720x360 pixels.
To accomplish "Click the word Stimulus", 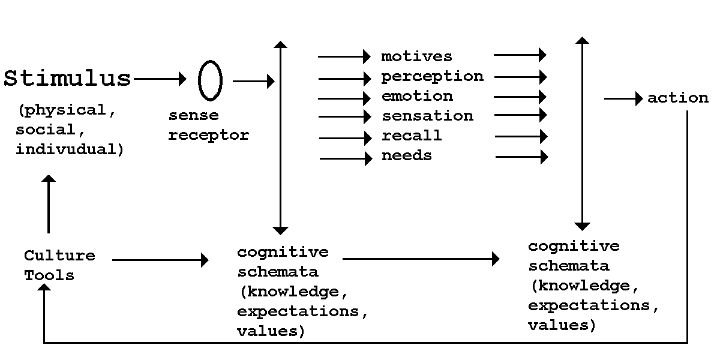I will pyautogui.click(x=67, y=79).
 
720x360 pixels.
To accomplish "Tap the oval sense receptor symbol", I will pyautogui.click(x=210, y=80).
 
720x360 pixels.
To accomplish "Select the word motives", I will pyautogui.click(x=416, y=56).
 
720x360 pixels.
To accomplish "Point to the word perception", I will pyautogui.click(x=432, y=76).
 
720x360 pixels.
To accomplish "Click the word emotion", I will pyautogui.click(x=417, y=96).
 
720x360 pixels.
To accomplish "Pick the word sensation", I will pyautogui.click(x=427, y=116).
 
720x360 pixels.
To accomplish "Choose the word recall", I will pyautogui.click(x=412, y=136).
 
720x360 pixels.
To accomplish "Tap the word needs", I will pyautogui.click(x=406, y=155).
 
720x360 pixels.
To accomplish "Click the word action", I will pyautogui.click(x=677, y=98).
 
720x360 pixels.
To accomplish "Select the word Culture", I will pyautogui.click(x=59, y=256).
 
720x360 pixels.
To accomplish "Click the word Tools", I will pyautogui.click(x=49, y=275).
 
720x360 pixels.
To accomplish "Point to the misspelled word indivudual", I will pyautogui.click(x=70, y=149).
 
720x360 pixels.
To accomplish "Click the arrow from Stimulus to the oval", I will pyautogui.click(x=161, y=78).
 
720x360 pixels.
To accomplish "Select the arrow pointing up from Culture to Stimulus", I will pyautogui.click(x=49, y=204).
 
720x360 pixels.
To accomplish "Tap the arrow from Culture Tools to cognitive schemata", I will pyautogui.click(x=160, y=260).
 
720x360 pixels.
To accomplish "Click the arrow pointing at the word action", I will pyautogui.click(x=623, y=98).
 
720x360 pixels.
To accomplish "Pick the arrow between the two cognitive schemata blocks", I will pyautogui.click(x=421, y=259).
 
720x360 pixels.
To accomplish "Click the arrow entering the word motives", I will pyautogui.click(x=344, y=57).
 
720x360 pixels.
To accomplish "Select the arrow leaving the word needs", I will pyautogui.click(x=521, y=157).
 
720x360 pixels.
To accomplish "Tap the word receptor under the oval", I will pyautogui.click(x=208, y=135).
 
